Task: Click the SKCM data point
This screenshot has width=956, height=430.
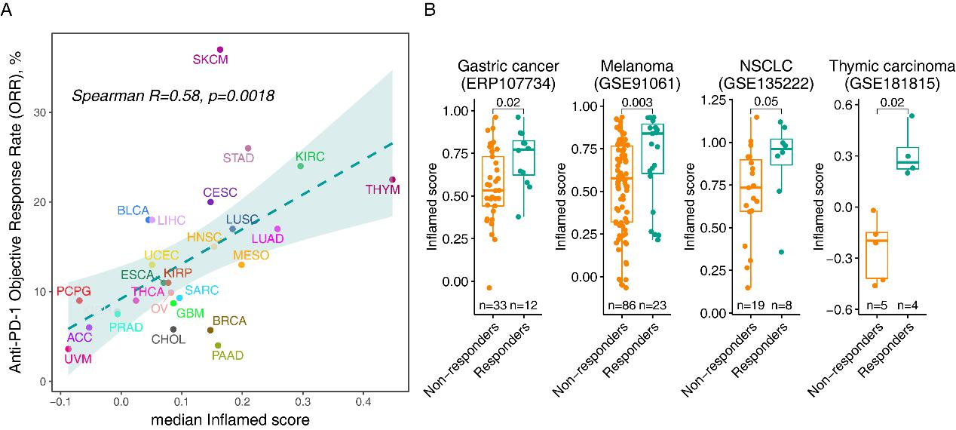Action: click(220, 50)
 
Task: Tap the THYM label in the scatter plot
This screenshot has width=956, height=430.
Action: click(384, 190)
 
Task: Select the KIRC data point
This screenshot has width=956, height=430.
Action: click(301, 166)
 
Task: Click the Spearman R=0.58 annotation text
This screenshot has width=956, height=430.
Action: click(173, 96)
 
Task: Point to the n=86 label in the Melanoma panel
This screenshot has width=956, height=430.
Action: click(623, 305)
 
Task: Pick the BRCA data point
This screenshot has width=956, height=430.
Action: click(210, 330)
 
